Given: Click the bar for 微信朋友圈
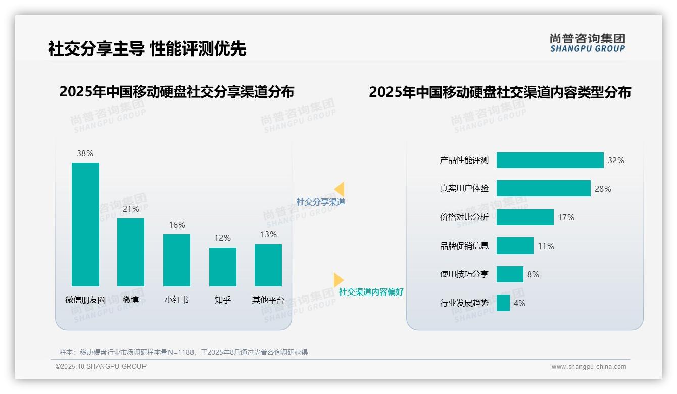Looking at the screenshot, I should pos(85,224).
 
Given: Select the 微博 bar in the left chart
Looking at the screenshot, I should pos(131,252).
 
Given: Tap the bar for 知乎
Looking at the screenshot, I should pos(222,267).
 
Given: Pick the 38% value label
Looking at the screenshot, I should pos(85,153).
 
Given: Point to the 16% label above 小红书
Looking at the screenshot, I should pos(177,225).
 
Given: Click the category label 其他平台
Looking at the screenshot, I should pos(268,300).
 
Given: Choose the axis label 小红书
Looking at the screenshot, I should pos(177,300).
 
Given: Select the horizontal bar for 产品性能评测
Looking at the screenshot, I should pos(550,160).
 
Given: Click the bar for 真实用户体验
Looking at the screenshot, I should pos(543,188).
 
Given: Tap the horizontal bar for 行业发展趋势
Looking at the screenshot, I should pos(503,303).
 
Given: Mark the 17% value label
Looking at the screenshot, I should pos(566,217).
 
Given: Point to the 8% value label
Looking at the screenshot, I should pos(533,274).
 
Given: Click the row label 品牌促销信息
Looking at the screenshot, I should pos(464,246).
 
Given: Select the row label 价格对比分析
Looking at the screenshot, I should pos(464,217).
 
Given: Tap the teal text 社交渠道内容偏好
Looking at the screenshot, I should pos(371,292).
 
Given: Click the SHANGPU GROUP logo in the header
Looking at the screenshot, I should pos(588,43).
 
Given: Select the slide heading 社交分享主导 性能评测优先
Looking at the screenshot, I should pos(147,49).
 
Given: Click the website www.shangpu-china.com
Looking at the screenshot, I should pos(589,367).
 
